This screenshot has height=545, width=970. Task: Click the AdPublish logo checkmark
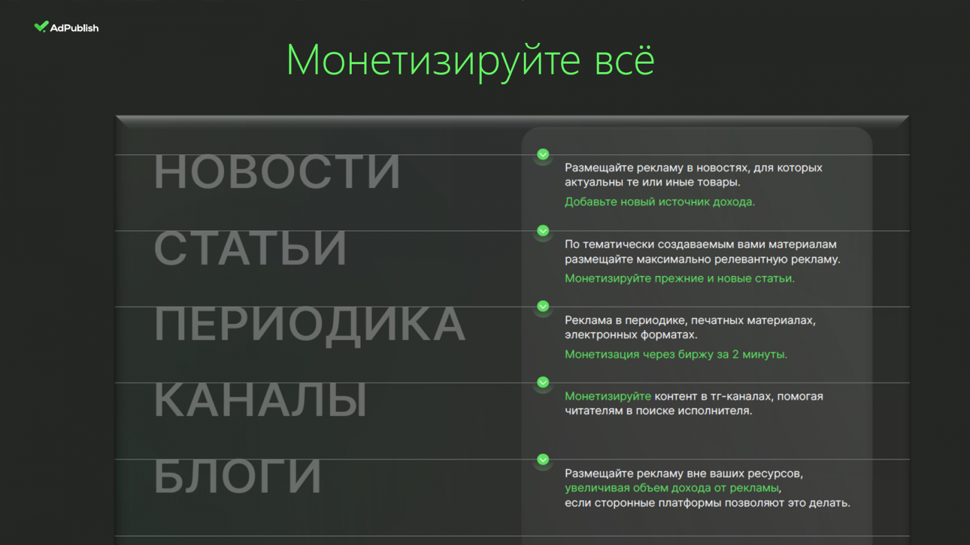[x=41, y=27]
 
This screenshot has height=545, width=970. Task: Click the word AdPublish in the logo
[x=75, y=28]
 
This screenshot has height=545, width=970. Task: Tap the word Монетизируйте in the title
[x=433, y=61]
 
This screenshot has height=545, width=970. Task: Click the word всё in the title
[x=624, y=61]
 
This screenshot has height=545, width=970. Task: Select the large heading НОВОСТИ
[x=277, y=172]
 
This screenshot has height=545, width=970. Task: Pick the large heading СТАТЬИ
[x=250, y=248]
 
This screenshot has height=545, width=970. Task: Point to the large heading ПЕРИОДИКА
[x=310, y=325]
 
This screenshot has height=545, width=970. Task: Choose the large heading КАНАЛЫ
[x=261, y=400]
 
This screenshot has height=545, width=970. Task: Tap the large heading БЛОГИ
[x=238, y=476]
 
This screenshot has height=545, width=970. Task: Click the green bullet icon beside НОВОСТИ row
[x=543, y=154]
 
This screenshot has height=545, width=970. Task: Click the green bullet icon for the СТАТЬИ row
[x=543, y=231]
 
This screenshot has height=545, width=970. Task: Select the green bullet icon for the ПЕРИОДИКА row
[x=543, y=306]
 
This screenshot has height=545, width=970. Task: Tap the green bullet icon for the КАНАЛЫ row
[x=543, y=382]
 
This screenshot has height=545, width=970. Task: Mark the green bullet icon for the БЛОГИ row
[x=543, y=460]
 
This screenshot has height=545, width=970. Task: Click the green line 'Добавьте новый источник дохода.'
[x=660, y=202]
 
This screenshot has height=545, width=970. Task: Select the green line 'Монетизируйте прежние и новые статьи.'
[x=680, y=278]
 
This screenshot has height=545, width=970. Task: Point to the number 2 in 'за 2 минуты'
[x=735, y=354]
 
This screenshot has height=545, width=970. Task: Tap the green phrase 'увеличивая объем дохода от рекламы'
[x=672, y=488]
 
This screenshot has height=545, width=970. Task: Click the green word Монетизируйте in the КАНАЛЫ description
[x=607, y=396]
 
